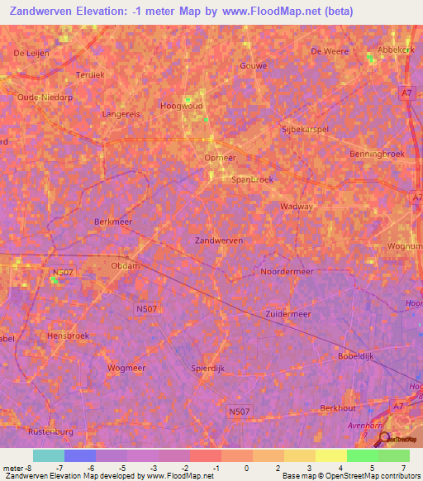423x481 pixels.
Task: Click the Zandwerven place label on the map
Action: point(218,240)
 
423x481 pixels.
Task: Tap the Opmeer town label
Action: point(220,158)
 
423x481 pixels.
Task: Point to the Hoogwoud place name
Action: point(181,106)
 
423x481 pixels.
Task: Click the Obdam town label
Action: point(126,265)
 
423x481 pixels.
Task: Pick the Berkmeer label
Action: point(114,221)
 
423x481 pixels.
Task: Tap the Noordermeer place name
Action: point(286,271)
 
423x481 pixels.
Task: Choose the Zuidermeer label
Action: point(288,314)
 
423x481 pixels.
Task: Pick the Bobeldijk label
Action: point(356,355)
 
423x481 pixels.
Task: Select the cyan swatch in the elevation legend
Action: point(49,455)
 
